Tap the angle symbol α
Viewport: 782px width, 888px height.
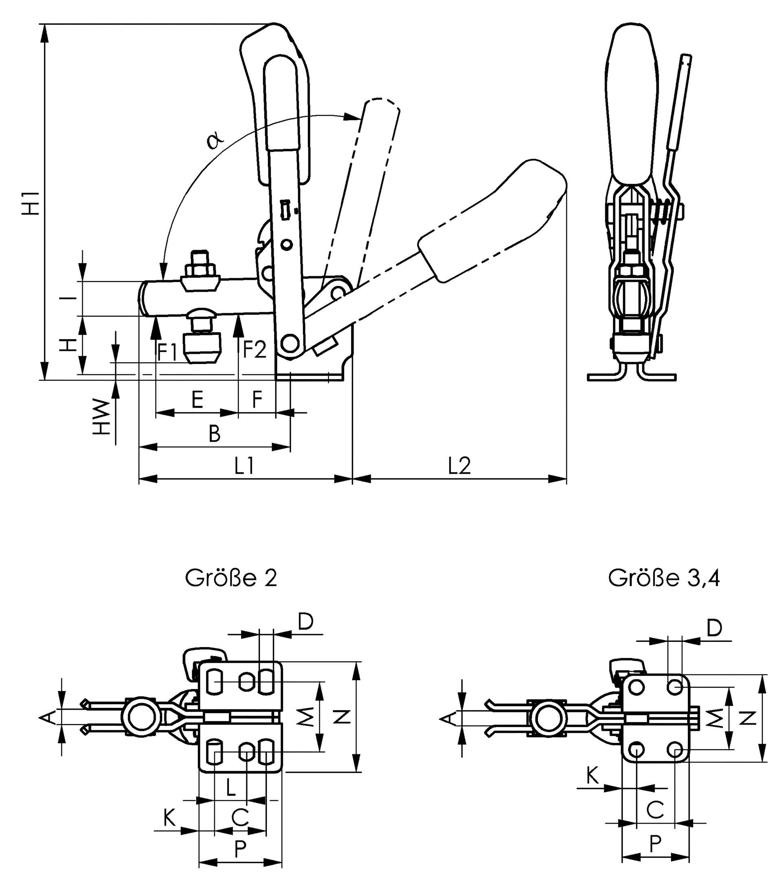[214, 140]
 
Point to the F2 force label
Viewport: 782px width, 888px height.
[254, 349]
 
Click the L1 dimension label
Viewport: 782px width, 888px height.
[244, 466]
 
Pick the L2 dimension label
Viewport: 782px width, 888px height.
[459, 466]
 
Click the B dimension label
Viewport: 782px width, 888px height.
[215, 434]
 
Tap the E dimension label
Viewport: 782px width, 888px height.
[197, 399]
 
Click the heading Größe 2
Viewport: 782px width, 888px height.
[231, 578]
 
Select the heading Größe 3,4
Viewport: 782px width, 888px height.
[663, 578]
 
